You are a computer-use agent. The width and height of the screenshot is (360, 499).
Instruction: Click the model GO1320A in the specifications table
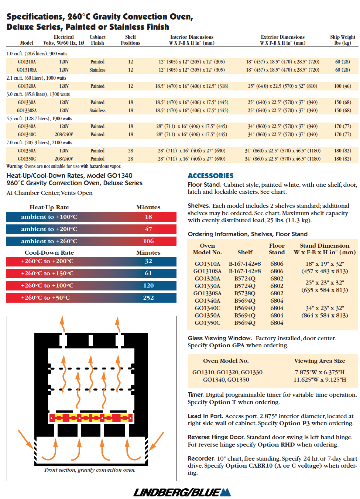pyautogui.click(x=27, y=86)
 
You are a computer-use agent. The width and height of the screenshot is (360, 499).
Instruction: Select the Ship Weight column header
pyautogui.click(x=342, y=40)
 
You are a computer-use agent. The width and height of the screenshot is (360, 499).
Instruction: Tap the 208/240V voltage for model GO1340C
pyautogui.click(x=64, y=134)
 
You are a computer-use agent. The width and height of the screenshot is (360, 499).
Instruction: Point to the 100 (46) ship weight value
pyautogui.click(x=342, y=86)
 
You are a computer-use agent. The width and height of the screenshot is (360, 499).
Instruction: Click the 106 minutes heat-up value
pyautogui.click(x=148, y=241)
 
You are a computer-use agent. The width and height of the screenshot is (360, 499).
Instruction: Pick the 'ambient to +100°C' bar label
pyautogui.click(x=49, y=217)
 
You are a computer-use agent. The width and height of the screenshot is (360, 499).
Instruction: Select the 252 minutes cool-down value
pyautogui.click(x=148, y=297)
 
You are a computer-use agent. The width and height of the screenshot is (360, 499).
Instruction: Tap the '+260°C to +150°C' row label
pyautogui.click(x=47, y=273)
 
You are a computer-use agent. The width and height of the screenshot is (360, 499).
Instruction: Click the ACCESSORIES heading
pyautogui.click(x=210, y=176)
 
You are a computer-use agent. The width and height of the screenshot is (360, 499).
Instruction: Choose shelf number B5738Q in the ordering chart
pyautogui.click(x=245, y=293)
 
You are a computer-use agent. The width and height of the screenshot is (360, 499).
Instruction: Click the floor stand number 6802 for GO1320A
pyautogui.click(x=277, y=278)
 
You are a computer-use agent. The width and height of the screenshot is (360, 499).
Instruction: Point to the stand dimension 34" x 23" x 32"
pyautogui.click(x=325, y=308)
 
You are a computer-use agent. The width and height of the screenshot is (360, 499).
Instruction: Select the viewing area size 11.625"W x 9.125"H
pyautogui.click(x=320, y=379)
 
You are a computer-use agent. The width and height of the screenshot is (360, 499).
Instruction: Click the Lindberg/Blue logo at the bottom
pyautogui.click(x=182, y=492)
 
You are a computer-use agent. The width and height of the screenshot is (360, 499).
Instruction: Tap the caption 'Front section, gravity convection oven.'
pyautogui.click(x=90, y=470)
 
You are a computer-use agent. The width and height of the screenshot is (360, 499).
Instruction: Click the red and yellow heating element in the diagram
pyautogui.click(x=91, y=418)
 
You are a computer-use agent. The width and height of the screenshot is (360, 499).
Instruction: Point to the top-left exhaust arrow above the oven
pyautogui.click(x=62, y=324)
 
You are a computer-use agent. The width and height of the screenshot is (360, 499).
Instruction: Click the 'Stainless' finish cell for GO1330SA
pyautogui.click(x=97, y=110)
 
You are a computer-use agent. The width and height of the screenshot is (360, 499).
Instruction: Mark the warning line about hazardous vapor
pyautogui.click(x=64, y=166)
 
